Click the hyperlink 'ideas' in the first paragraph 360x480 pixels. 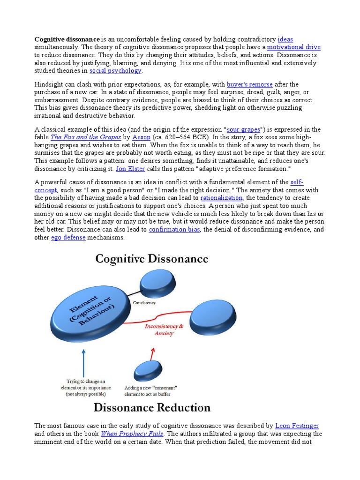click(285, 39)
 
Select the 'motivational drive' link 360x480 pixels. click(293, 47)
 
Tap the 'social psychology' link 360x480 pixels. click(115, 71)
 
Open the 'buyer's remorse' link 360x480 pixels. click(249, 84)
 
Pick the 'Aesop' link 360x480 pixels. click(141, 137)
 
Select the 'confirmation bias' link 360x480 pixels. click(174, 229)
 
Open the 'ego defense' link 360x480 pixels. click(68, 237)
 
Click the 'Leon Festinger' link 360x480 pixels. click(297, 426)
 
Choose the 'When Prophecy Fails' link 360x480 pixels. click(132, 434)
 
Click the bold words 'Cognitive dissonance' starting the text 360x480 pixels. click(67, 39)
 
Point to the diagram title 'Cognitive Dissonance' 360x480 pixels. click(152, 259)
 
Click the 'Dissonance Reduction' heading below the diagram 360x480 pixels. click(152, 407)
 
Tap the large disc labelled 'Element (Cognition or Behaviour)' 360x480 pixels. click(89, 315)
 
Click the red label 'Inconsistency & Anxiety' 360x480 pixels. click(161, 329)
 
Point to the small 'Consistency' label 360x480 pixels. click(144, 303)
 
